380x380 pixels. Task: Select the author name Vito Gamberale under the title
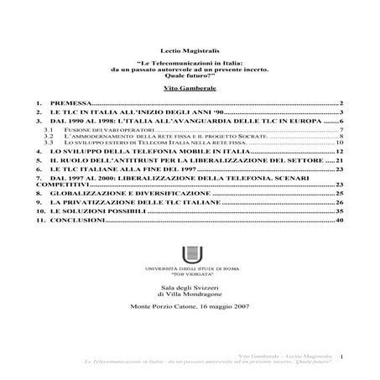[190, 86]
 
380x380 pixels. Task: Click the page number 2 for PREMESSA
[341, 102]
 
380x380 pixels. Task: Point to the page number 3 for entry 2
[341, 112]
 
